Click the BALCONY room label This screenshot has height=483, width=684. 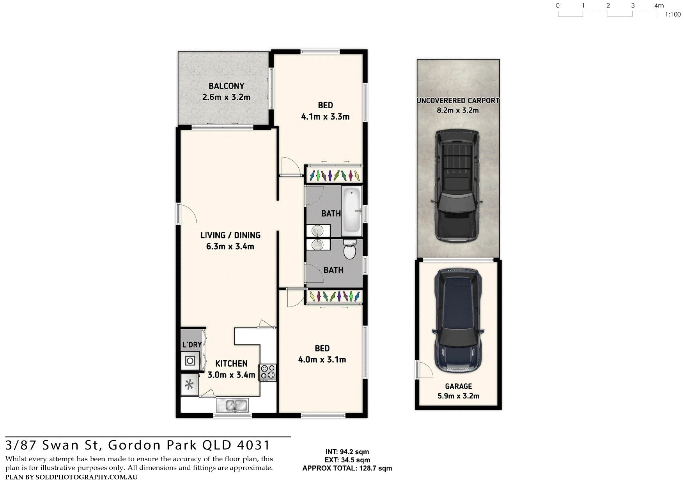pyautogui.click(x=226, y=86)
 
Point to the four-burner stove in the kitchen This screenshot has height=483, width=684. pyautogui.click(x=268, y=372)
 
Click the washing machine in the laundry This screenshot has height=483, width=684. pyautogui.click(x=190, y=361)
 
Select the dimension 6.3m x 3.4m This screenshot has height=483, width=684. pyautogui.click(x=230, y=247)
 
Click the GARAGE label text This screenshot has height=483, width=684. pyautogui.click(x=458, y=386)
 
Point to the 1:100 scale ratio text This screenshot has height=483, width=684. pyautogui.click(x=673, y=15)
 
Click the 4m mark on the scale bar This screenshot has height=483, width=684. pyautogui.click(x=659, y=5)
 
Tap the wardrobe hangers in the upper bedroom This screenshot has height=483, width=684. pyautogui.click(x=334, y=176)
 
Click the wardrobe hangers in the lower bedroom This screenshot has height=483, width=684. pyautogui.click(x=334, y=297)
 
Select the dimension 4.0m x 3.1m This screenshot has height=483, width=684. pyautogui.click(x=322, y=360)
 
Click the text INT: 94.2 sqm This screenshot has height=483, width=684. pyautogui.click(x=347, y=452)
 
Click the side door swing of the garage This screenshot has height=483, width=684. pyautogui.click(x=424, y=369)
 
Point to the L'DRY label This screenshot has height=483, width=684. pyautogui.click(x=192, y=345)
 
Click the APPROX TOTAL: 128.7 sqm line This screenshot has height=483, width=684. pyautogui.click(x=347, y=469)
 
